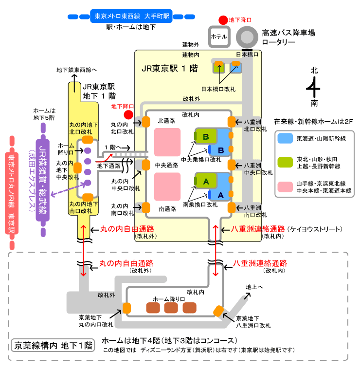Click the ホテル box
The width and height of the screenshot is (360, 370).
tap(218, 36)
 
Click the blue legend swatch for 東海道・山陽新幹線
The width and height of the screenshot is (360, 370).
tap(285, 138)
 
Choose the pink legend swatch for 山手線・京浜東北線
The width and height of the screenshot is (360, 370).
tap(285, 186)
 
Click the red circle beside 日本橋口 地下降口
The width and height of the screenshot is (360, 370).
tap(222, 20)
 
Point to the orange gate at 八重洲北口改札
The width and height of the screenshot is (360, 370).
tap(232, 122)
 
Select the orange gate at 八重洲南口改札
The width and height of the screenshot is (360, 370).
tap(232, 207)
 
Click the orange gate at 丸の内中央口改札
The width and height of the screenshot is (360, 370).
tap(145, 165)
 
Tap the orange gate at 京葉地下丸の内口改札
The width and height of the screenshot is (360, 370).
tap(127, 308)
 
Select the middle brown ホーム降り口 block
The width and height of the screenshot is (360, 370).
tap(171, 308)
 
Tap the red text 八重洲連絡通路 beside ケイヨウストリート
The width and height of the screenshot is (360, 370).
tap(258, 229)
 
